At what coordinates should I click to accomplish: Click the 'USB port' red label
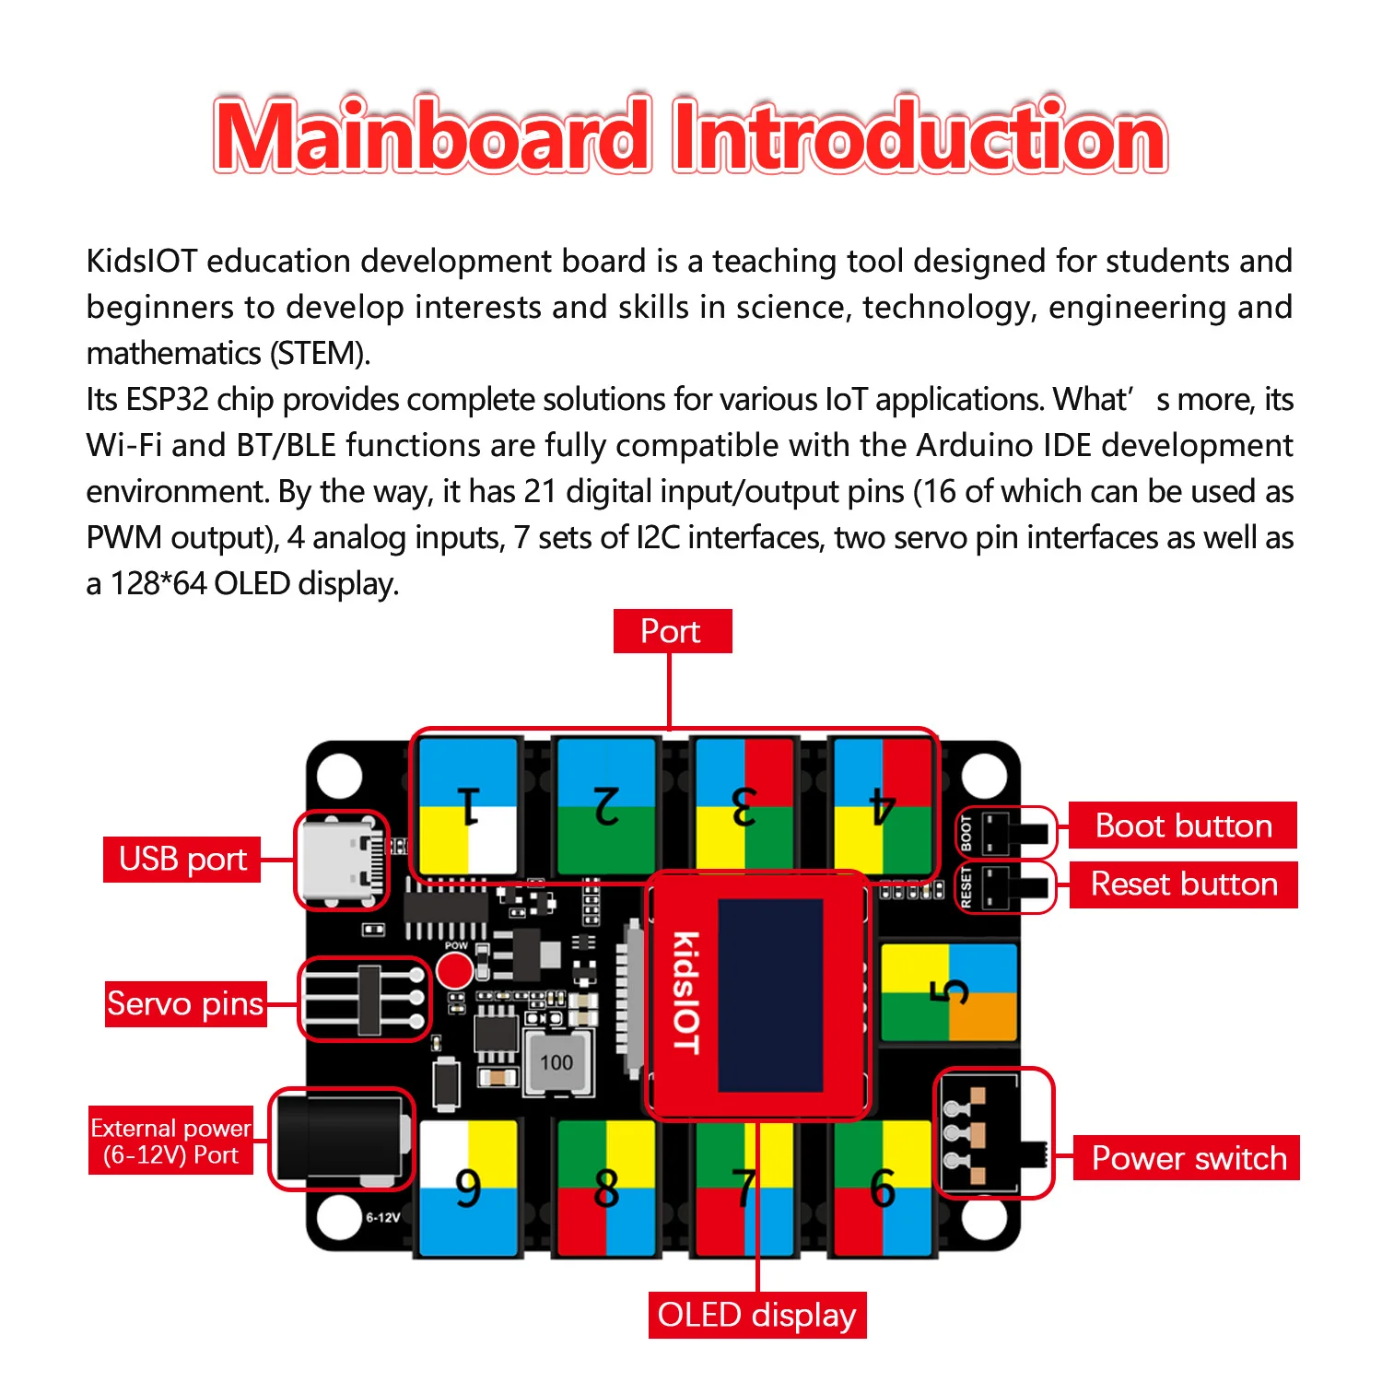click(x=182, y=860)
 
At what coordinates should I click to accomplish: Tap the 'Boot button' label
click(x=1183, y=826)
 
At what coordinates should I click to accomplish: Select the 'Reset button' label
click(x=1184, y=884)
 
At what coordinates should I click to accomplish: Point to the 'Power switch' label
click(x=1188, y=1158)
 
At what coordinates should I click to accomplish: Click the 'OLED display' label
click(x=756, y=1316)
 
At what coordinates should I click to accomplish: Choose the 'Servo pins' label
click(x=185, y=1003)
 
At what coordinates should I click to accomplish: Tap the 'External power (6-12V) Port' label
click(x=170, y=1142)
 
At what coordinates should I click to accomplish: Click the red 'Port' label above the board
click(x=672, y=632)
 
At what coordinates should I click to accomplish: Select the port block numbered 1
click(x=468, y=806)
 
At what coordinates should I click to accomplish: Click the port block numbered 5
click(x=949, y=992)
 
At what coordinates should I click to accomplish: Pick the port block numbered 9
click(x=468, y=1189)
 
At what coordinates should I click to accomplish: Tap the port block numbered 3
click(x=744, y=806)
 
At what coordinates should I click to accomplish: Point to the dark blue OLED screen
click(x=770, y=995)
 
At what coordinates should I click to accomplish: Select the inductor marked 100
click(x=556, y=1063)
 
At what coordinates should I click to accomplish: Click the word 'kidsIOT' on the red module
click(x=685, y=993)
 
